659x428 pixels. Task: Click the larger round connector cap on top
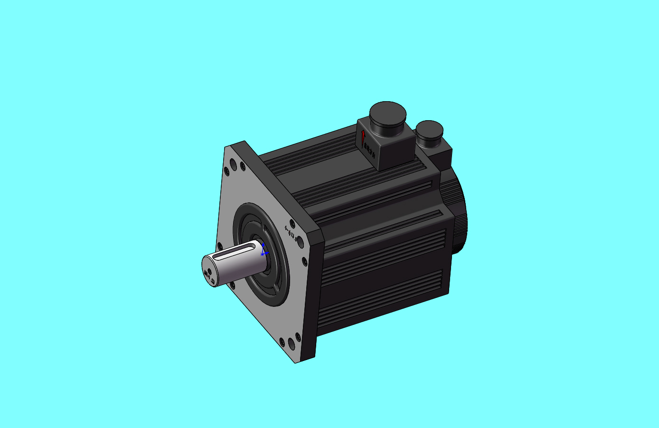387,112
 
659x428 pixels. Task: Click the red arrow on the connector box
363,138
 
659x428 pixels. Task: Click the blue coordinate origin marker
263,254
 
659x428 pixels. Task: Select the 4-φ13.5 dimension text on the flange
291,234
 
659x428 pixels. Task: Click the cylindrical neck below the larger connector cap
387,127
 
